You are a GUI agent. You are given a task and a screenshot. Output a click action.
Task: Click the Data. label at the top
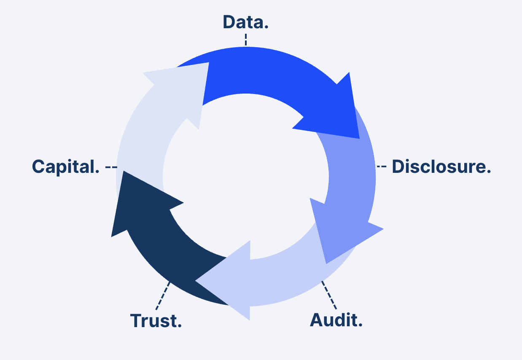coord(245,22)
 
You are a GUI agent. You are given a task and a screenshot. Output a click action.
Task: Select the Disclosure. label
coord(441,167)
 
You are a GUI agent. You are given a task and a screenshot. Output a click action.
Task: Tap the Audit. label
coord(336,320)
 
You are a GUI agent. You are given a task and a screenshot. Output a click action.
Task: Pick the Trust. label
coord(156,320)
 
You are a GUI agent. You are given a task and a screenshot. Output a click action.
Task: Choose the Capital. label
coord(66,167)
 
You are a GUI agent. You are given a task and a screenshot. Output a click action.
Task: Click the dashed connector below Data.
coord(245,40)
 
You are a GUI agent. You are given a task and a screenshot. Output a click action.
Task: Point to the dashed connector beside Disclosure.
coord(382,167)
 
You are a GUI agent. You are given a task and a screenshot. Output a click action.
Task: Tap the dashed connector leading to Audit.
coord(329,295)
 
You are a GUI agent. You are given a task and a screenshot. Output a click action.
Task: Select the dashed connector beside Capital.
coord(111,167)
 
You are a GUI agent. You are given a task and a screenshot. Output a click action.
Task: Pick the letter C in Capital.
coord(39,167)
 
